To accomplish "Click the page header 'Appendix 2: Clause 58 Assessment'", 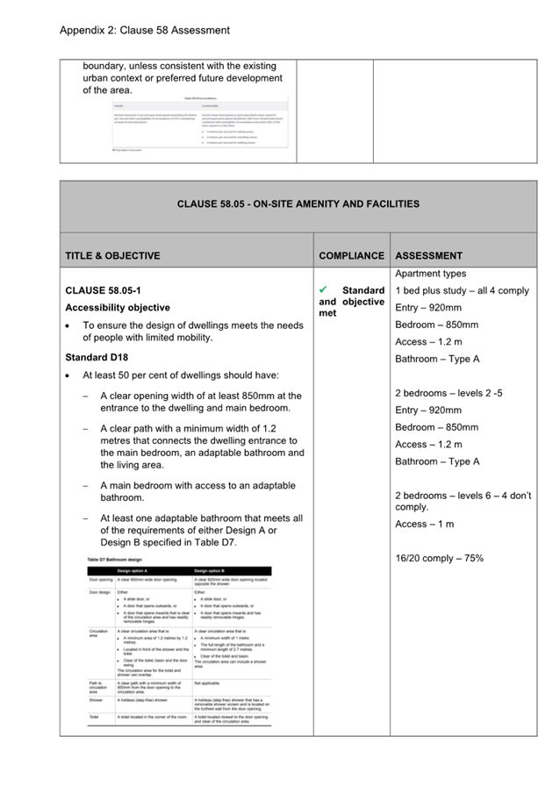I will pos(144,30).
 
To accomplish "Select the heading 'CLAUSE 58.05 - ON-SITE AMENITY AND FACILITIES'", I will pos(298,204).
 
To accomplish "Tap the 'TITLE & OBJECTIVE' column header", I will pos(112,256).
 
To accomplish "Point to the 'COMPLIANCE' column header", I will pos(351,256).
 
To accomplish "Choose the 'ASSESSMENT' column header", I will pos(428,256).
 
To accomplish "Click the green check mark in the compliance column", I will pos(325,289).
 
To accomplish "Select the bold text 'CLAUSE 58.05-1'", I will pos(102,290).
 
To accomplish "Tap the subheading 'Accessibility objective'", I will pos(118,308).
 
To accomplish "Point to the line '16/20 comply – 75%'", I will pos(439,558).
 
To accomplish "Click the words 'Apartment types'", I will pos(430,274).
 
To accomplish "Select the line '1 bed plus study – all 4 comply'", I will pos(462,290).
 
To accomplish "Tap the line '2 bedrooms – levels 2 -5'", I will pos(448,393).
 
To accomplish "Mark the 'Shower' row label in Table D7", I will pos(96,700).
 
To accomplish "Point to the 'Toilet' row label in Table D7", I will pos(94,717).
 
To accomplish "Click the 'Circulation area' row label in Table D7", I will pos(98,634).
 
